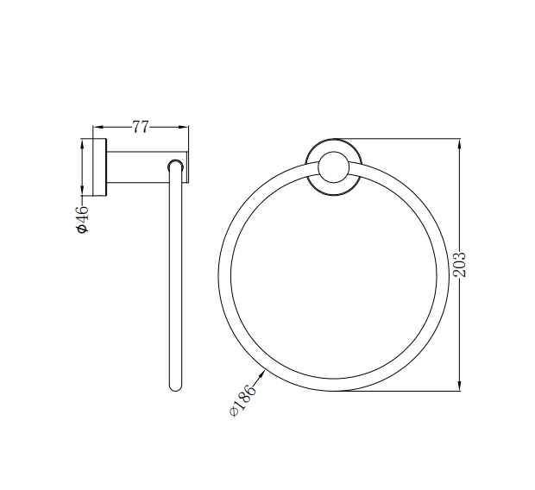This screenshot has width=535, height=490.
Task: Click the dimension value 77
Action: (141, 127)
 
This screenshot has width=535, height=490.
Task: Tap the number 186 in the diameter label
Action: (248, 399)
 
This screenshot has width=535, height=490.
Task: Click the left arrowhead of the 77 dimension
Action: (97, 127)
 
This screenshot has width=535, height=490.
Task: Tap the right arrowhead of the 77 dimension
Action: (184, 127)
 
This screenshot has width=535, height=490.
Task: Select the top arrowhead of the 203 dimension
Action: (460, 142)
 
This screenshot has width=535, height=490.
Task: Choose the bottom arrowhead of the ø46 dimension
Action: (83, 192)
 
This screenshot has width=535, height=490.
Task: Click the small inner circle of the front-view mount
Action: (332, 167)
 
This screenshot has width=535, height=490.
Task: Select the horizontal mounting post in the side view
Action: (138, 166)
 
